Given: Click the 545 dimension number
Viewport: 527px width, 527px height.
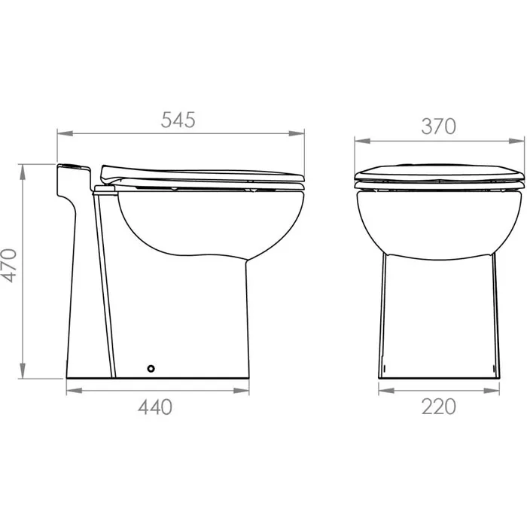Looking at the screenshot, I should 179,120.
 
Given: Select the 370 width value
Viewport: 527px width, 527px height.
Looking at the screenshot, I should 439,126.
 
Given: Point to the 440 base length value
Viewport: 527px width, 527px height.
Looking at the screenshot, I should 154,407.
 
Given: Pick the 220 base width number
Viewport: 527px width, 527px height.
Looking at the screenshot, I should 439,407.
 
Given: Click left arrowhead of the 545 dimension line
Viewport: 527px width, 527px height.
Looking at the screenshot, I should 62,135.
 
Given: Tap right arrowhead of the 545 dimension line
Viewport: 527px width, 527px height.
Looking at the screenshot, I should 301,135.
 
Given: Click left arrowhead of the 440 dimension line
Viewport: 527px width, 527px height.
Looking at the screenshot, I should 71,390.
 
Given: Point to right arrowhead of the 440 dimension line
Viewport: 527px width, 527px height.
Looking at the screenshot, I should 245,390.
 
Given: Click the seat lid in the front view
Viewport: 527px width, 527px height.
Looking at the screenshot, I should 439,172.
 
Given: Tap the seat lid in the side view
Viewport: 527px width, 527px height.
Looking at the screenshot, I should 200,173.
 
